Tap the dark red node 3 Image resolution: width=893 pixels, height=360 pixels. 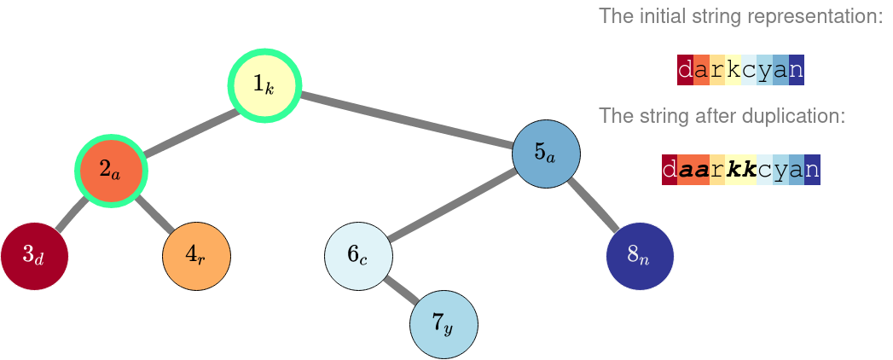(x=34, y=255)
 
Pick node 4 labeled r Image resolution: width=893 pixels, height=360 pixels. (x=196, y=255)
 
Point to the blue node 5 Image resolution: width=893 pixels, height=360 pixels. (x=546, y=154)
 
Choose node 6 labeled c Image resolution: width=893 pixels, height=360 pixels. (x=358, y=255)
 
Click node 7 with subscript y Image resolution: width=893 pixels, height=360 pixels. (x=444, y=324)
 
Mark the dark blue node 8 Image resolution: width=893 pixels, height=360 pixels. (x=640, y=255)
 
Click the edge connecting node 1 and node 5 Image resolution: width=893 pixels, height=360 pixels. (x=405, y=119)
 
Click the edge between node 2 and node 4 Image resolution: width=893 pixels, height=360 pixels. (x=154, y=212)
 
